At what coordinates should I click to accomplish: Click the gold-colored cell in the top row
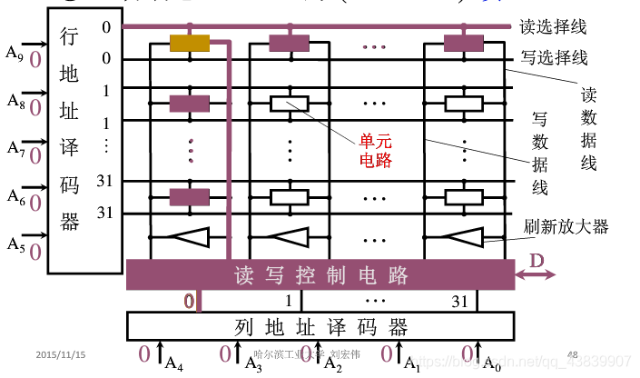point(190,43)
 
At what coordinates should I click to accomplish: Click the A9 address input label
point(13,53)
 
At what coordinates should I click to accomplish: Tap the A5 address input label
point(13,243)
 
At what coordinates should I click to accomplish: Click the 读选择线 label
point(553,25)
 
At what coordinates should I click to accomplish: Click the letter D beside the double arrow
point(537,260)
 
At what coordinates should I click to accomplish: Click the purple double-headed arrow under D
point(536,274)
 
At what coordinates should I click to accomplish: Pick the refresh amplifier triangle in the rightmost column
point(463,238)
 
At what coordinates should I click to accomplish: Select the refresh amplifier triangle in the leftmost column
point(190,238)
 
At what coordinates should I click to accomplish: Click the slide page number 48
point(572,353)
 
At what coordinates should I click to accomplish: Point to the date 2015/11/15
point(61,353)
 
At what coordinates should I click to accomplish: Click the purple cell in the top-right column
point(463,43)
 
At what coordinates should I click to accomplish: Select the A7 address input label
point(13,147)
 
